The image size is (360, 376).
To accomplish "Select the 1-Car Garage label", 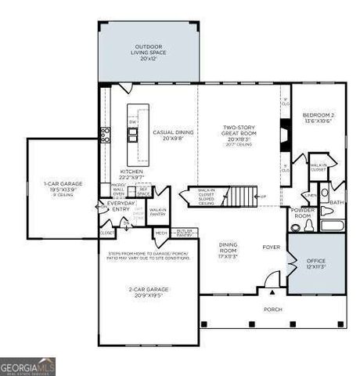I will coord(63,186).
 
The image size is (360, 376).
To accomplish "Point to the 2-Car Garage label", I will coord(148,293).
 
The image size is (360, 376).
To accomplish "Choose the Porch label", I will coord(272,309).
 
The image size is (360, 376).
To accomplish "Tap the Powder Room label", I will coord(303,213).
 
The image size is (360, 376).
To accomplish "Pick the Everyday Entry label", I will coord(121,204).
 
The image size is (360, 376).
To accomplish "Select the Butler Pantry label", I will coord(184,233).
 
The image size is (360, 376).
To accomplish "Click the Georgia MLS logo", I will coord(28,366).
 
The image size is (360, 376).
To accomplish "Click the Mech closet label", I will coord(161,233).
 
